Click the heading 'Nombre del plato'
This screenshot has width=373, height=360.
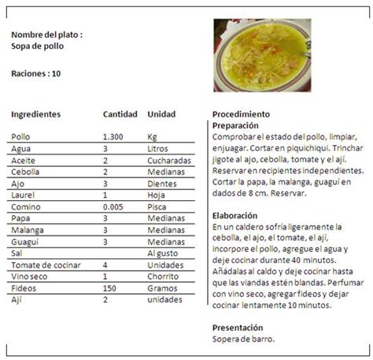[x=46, y=35]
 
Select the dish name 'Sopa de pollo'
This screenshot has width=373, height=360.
[x=38, y=46]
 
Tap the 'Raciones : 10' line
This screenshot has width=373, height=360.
[x=36, y=74]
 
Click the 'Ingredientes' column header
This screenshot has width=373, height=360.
[x=36, y=113]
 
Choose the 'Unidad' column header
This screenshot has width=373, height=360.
[x=161, y=113]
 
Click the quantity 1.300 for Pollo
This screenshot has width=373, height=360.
[x=113, y=136]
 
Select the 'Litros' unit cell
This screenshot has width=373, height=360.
[x=158, y=148]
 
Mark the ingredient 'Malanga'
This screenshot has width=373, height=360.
[x=28, y=232]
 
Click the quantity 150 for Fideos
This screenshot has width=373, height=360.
[x=109, y=288]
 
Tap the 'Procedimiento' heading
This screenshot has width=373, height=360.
[x=241, y=113]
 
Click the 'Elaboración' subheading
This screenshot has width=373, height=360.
[x=235, y=214]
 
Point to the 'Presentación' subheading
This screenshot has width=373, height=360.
[x=238, y=327]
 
